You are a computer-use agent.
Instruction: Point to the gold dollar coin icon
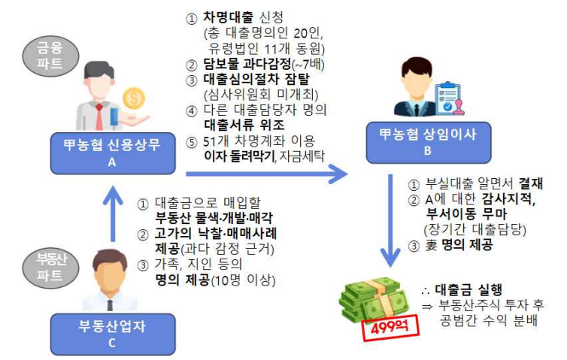coord(136,98)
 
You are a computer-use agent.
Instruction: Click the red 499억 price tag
coord(390,328)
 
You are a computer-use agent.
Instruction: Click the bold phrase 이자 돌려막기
coord(235,157)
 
